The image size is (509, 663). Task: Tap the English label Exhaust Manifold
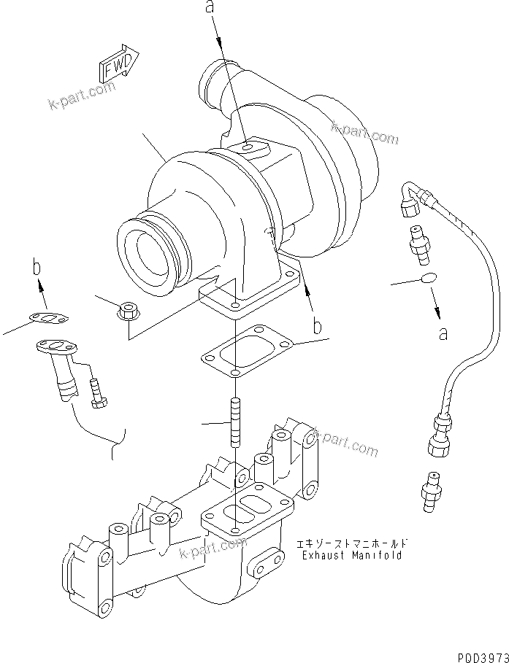pos(352,555)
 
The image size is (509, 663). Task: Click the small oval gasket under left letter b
pos(49,318)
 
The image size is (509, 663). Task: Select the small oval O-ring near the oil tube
pos(429,278)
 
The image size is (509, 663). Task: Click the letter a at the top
pos(210,9)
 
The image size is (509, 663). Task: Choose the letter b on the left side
pos(35,268)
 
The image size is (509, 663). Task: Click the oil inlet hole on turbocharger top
pos(248,148)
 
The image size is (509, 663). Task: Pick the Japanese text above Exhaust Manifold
pos(351,544)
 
